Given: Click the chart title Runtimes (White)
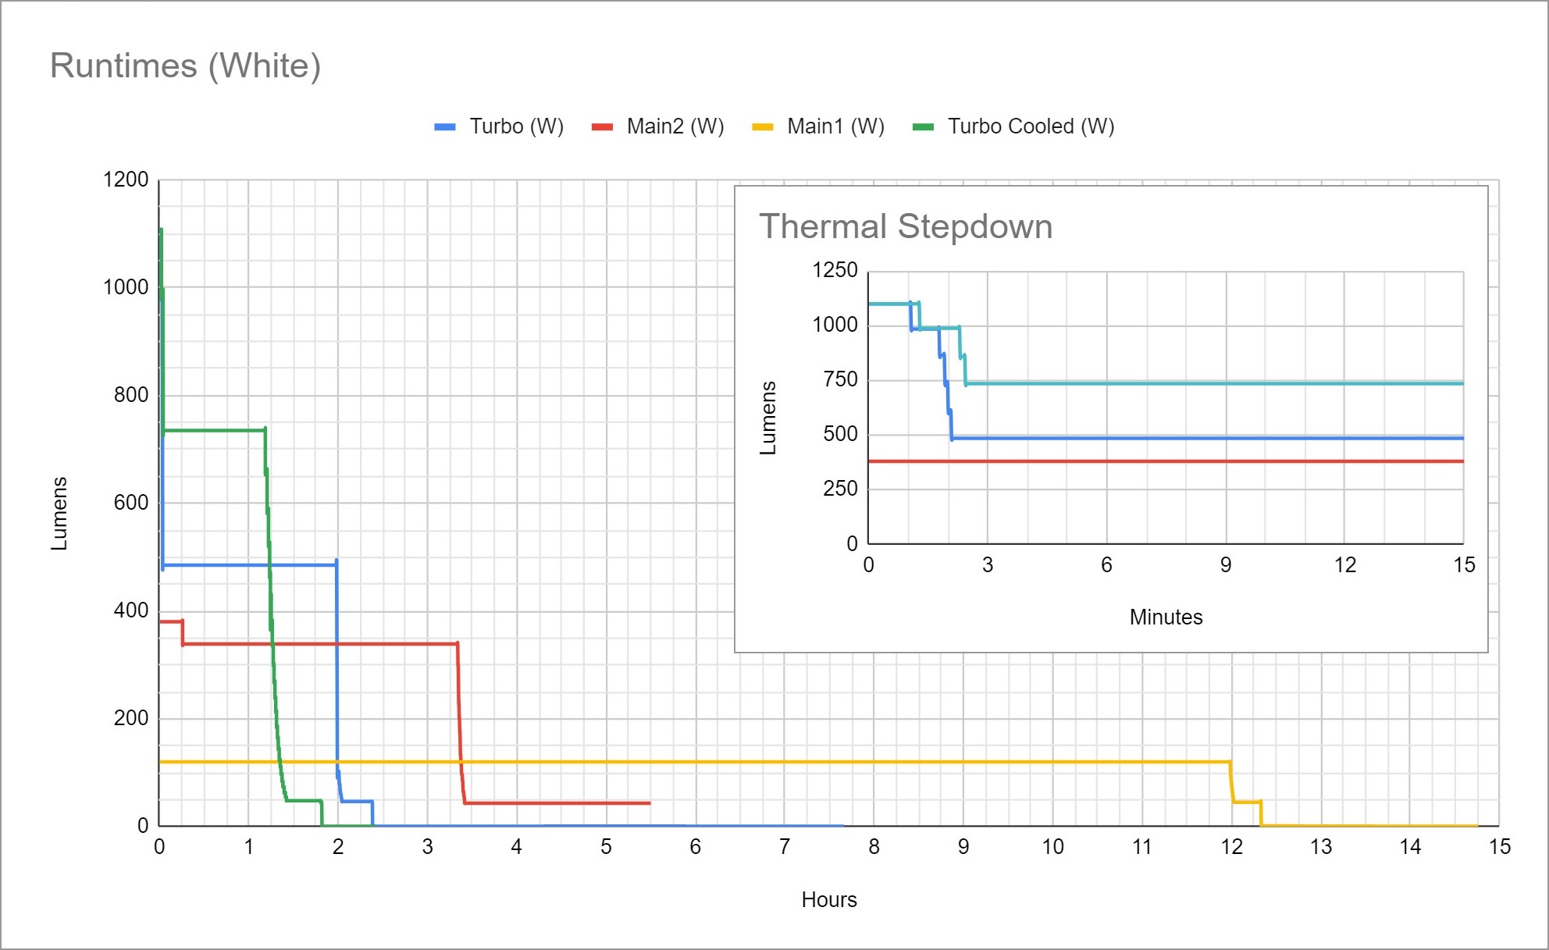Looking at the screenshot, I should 185,66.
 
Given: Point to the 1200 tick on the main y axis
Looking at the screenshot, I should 126,180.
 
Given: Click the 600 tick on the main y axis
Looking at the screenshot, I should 130,503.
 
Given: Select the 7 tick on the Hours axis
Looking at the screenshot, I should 785,847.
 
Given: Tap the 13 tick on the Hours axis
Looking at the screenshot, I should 1320,847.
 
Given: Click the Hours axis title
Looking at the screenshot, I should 828,900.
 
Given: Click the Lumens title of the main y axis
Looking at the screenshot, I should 59,513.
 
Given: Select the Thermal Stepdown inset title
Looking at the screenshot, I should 906,226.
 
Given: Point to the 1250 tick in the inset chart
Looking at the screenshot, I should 835,270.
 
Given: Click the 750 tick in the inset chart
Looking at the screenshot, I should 840,379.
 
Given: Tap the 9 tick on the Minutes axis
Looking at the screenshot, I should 1226,565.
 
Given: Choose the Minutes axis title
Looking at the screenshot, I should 1166,617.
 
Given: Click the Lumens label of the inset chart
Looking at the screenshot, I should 768,418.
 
